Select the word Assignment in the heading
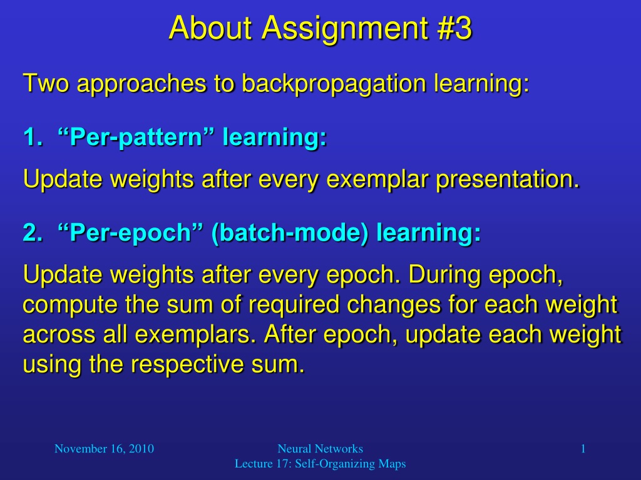[x=346, y=29]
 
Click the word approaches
[x=141, y=84]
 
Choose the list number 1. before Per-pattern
[x=33, y=136]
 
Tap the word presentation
[x=508, y=180]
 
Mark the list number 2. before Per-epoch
[x=33, y=232]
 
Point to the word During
[x=444, y=275]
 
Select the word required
[x=294, y=305]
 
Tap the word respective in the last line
[x=187, y=365]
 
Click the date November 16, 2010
[x=105, y=449]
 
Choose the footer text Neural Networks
[x=320, y=449]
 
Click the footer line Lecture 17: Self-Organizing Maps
[x=320, y=464]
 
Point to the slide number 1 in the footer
[x=583, y=449]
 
